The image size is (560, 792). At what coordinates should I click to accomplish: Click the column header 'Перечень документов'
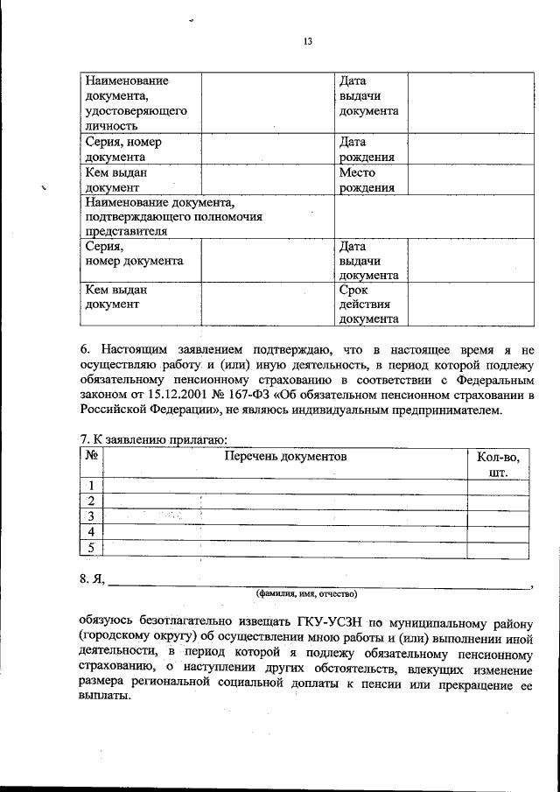point(285,456)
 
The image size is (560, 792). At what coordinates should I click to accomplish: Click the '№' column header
point(90,456)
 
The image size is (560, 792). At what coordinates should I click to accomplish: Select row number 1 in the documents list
point(90,486)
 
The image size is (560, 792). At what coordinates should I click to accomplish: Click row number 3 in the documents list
point(90,516)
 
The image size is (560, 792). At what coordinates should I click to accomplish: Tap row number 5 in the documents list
point(90,548)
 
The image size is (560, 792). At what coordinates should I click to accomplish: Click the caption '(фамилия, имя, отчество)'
point(306,593)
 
